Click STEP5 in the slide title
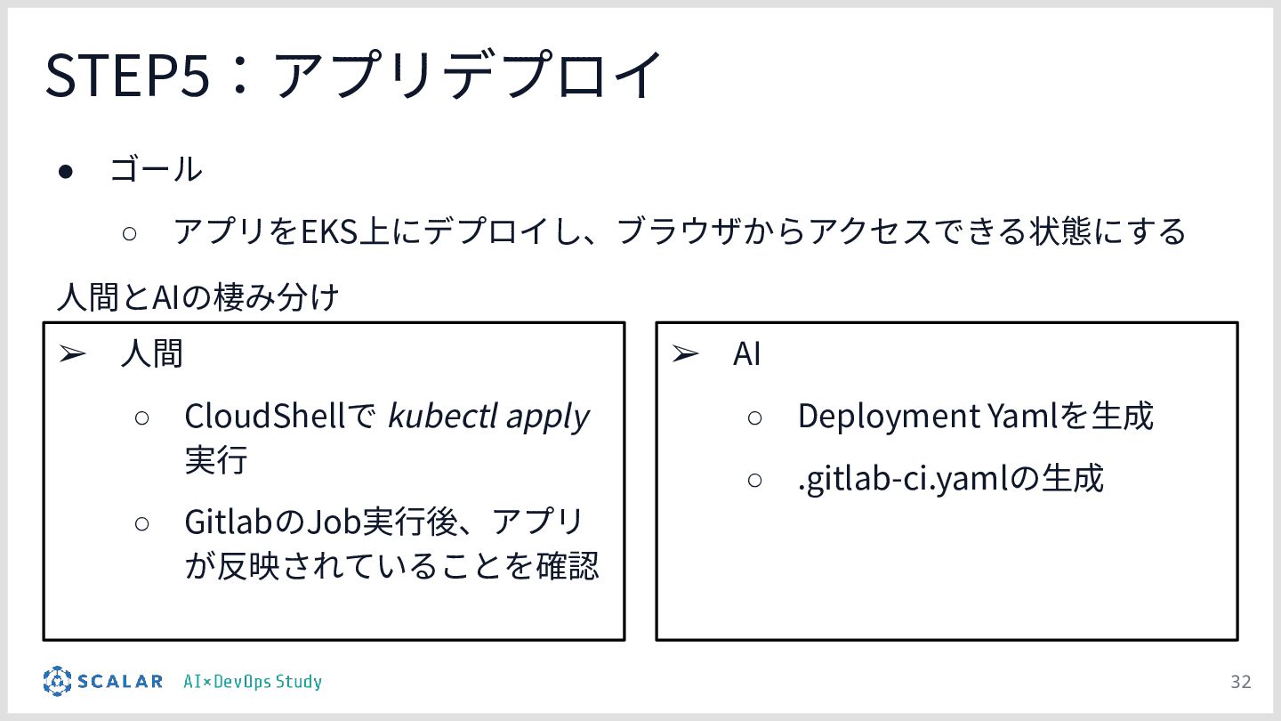[127, 75]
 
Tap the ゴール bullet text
[156, 169]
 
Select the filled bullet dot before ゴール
[65, 170]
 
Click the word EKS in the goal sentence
[328, 232]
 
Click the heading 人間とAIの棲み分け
[197, 297]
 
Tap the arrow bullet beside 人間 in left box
[72, 354]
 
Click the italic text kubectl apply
[488, 416]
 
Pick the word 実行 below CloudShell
[216, 461]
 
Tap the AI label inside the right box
[746, 354]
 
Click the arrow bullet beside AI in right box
[685, 354]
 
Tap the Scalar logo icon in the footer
[57, 681]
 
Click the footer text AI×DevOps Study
[253, 682]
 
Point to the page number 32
[1240, 682]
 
